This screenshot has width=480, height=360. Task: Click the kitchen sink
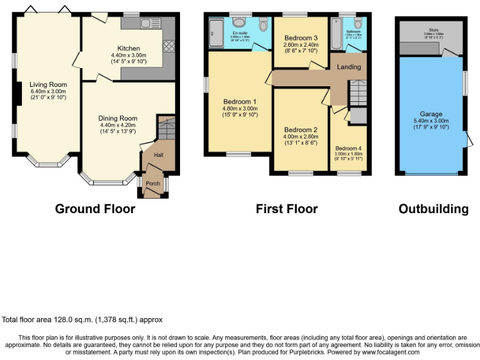pos(150,23)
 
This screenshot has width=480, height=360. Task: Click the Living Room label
pos(48,84)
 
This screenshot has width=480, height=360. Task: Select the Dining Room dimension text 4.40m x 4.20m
pos(117,125)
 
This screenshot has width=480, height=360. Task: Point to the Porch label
pos(152,184)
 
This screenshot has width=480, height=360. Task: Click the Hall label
pos(159,155)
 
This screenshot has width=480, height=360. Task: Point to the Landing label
pos(348,66)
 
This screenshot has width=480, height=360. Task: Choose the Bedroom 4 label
pos(348,148)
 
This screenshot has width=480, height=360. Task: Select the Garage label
pos(431,114)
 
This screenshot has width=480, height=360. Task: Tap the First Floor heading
pos(286,209)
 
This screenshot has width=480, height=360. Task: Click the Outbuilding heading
pos(433,209)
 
